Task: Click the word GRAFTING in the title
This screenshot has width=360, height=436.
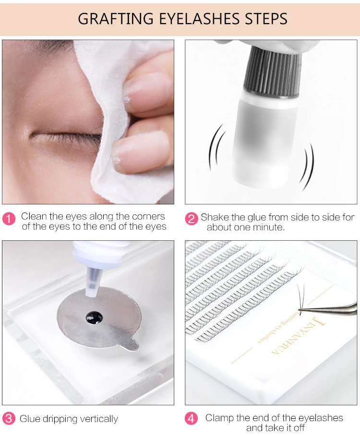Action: (116, 19)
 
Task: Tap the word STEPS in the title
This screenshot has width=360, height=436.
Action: (266, 19)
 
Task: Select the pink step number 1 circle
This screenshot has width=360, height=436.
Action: (9, 219)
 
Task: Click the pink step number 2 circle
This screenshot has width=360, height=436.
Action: (192, 219)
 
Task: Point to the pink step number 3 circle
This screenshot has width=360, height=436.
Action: (9, 418)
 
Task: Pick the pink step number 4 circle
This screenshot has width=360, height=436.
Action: (192, 418)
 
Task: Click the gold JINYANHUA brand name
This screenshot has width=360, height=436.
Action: (298, 336)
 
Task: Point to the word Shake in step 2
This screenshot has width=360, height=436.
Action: (214, 217)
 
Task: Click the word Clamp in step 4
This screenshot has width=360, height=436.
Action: (219, 418)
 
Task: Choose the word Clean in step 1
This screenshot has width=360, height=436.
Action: (34, 216)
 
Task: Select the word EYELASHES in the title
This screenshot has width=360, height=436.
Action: (199, 19)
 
